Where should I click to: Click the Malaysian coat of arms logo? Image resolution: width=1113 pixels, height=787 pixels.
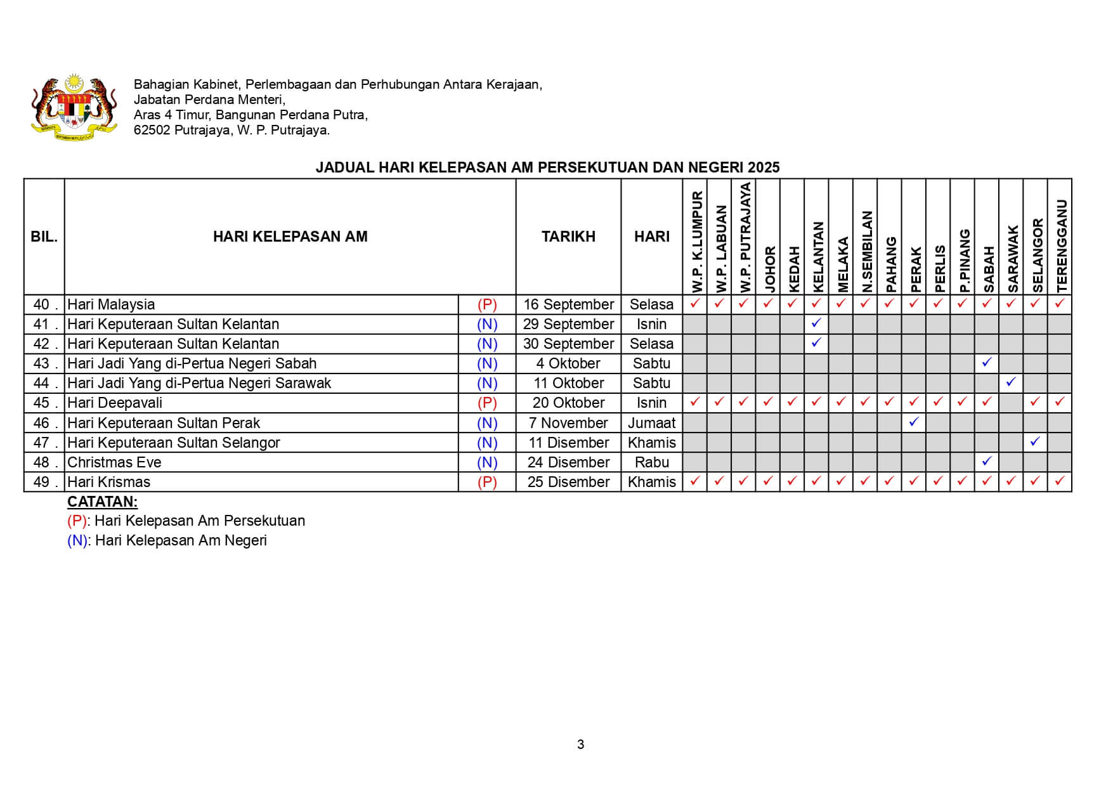74,107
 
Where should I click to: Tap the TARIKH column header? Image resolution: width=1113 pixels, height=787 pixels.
568,237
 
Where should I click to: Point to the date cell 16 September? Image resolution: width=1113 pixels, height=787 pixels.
568,304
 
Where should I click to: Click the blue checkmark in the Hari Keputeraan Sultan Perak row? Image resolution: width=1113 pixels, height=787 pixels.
914,422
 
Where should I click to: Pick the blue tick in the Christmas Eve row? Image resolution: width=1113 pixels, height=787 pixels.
987,461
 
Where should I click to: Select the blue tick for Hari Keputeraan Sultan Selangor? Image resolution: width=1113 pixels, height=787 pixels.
1035,441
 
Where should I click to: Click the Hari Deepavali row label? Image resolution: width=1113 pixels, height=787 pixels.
115,403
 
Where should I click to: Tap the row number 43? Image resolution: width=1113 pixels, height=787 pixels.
42,363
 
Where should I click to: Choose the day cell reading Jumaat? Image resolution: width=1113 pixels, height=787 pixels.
651,423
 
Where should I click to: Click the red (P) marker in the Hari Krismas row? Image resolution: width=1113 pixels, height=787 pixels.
487,482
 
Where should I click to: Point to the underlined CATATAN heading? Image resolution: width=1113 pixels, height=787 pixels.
102,502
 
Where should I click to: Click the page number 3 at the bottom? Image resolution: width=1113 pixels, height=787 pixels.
580,745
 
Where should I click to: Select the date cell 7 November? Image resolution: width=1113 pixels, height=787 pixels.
568,423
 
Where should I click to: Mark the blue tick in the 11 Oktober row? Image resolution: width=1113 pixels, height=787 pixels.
1011,382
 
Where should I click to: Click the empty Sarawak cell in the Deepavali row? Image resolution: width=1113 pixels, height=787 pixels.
1011,403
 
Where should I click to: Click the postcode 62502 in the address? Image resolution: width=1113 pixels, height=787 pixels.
152,131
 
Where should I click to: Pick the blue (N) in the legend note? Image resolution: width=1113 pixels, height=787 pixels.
77,540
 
